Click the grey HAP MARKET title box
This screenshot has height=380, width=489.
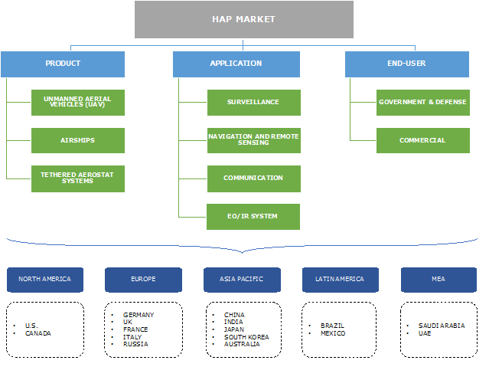pyautogui.click(x=243, y=19)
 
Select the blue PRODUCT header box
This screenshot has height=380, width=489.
pyautogui.click(x=63, y=64)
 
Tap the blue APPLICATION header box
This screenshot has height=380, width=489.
pyautogui.click(x=236, y=64)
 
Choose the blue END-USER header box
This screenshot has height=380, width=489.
pyautogui.click(x=407, y=64)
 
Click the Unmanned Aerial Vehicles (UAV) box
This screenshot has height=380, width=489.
pyautogui.click(x=78, y=102)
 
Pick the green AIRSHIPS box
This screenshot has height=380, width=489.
pyautogui.click(x=78, y=140)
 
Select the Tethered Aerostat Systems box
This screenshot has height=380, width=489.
pyautogui.click(x=78, y=178)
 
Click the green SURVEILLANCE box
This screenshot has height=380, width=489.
pyautogui.click(x=253, y=102)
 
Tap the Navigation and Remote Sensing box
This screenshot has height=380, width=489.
pyautogui.click(x=253, y=140)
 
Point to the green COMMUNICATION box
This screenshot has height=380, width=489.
pyautogui.click(x=253, y=178)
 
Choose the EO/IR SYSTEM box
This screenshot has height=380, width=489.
pyautogui.click(x=253, y=216)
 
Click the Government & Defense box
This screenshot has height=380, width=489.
pyautogui.click(x=422, y=102)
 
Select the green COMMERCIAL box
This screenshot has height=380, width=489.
pyautogui.click(x=422, y=140)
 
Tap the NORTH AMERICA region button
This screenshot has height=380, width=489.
pyautogui.click(x=45, y=279)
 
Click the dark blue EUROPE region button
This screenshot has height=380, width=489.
pyautogui.click(x=143, y=279)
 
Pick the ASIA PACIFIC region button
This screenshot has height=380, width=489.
pyautogui.click(x=242, y=279)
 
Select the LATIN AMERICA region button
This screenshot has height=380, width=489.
pyautogui.click(x=340, y=279)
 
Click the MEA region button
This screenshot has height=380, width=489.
pyautogui.click(x=438, y=279)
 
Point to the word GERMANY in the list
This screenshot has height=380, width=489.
pyautogui.click(x=139, y=315)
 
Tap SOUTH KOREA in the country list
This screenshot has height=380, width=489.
pyautogui.click(x=246, y=337)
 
